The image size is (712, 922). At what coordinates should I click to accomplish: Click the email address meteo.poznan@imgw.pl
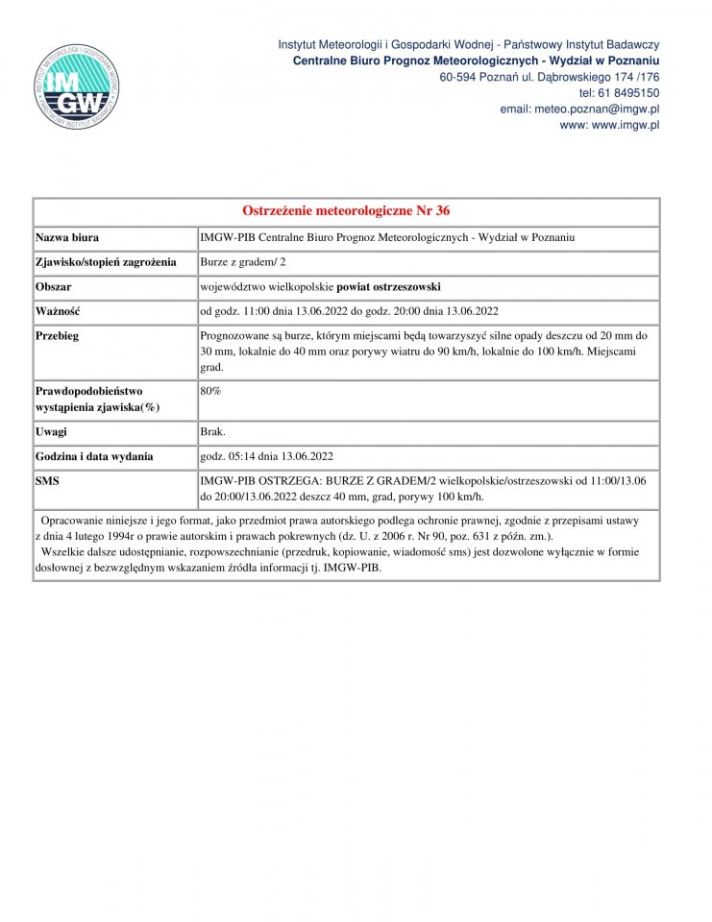[x=579, y=109]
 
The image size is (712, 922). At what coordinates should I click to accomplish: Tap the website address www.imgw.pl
[x=609, y=126]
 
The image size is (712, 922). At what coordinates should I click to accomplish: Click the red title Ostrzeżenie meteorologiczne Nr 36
[x=346, y=211]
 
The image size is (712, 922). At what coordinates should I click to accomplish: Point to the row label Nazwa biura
[x=67, y=237]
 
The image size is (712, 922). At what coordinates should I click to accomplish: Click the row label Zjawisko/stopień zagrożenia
[x=106, y=262]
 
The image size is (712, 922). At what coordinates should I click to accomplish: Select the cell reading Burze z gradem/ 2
[x=243, y=262]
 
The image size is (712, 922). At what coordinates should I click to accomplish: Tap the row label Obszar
[x=54, y=286]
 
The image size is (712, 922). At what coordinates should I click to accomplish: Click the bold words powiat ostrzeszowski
[x=388, y=286]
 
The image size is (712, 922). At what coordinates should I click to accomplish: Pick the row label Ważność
[x=58, y=311]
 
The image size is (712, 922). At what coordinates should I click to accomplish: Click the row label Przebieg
[x=58, y=336]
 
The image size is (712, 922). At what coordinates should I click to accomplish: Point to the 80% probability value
[x=210, y=391]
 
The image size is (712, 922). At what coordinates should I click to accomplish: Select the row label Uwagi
[x=52, y=432]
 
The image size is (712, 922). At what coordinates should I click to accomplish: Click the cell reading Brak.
[x=212, y=432]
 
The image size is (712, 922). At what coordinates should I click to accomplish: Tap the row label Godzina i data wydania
[x=94, y=456]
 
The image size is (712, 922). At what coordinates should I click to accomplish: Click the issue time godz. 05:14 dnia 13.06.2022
[x=266, y=456]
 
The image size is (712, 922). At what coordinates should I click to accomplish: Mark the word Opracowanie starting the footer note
[x=79, y=520]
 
